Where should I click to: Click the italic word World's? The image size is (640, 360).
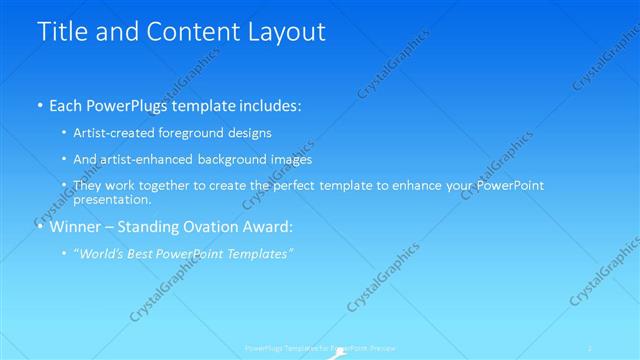pyautogui.click(x=103, y=254)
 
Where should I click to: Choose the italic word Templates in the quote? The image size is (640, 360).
pyautogui.click(x=259, y=254)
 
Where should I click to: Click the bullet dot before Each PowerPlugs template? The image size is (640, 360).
pyautogui.click(x=39, y=105)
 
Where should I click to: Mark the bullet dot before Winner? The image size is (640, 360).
pyautogui.click(x=39, y=227)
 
